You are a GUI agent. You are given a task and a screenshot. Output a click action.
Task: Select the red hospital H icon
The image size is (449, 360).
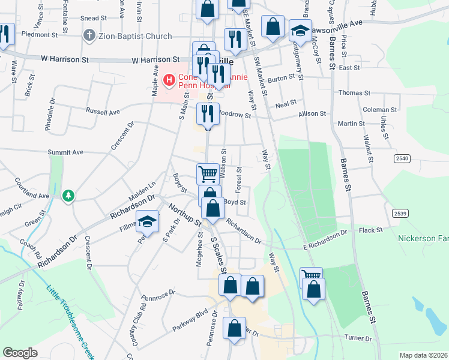point(169,79)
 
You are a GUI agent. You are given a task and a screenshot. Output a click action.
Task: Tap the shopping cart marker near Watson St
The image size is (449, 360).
point(208,174)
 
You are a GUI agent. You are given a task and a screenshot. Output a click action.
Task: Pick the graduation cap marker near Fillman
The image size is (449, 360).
point(147,222)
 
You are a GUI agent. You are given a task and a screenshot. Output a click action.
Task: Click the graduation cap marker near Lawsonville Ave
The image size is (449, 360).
point(300,30)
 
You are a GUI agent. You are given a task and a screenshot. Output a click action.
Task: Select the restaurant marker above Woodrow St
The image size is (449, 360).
point(208,113)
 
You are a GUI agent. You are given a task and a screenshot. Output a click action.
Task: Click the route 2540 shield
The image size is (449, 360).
point(402,158)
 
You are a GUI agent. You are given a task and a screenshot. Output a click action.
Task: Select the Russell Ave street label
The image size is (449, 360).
point(103,112)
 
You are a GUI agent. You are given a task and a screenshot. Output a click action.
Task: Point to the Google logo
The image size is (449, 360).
point(20,353)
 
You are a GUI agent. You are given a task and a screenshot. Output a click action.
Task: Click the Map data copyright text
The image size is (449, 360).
point(424,355)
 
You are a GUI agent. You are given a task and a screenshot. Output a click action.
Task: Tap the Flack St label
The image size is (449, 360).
point(370,230)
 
